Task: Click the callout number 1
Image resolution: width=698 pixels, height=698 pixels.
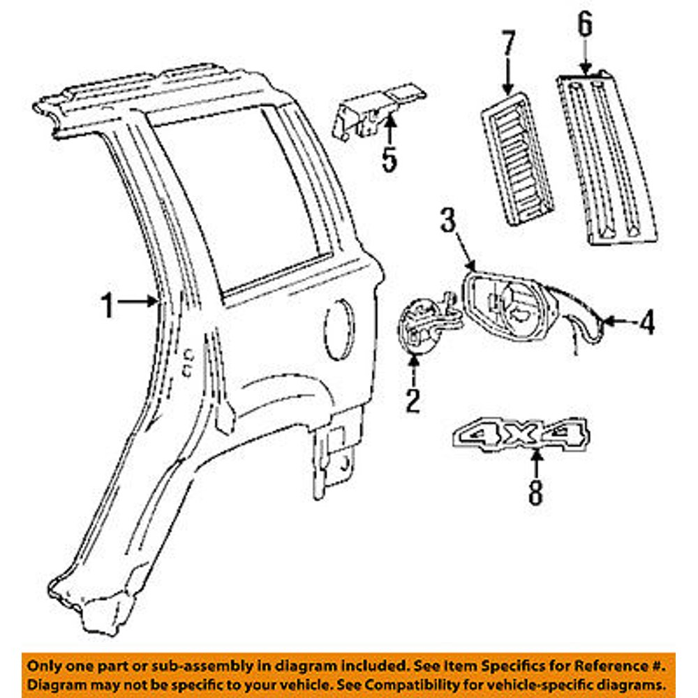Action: (x=107, y=305)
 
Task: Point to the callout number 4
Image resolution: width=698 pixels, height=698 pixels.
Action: (x=647, y=322)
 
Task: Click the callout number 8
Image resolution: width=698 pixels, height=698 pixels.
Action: (x=535, y=493)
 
